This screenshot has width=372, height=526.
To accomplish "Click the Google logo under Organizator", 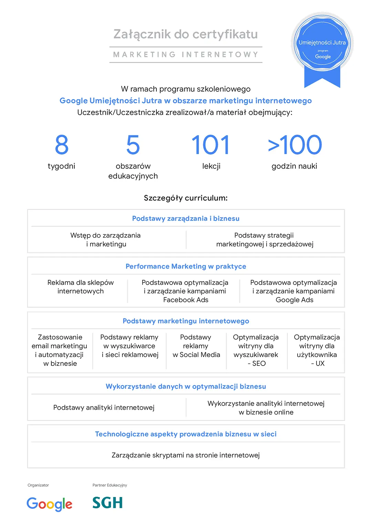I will [x=49, y=504].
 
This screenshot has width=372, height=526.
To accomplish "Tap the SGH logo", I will [x=107, y=503].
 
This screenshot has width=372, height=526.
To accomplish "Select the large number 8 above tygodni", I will [x=62, y=145].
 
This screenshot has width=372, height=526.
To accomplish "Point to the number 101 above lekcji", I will [x=211, y=145].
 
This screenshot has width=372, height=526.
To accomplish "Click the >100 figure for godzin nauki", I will [x=295, y=145].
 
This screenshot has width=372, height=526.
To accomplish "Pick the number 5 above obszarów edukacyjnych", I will [x=133, y=145].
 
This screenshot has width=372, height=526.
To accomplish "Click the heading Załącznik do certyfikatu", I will [x=186, y=34].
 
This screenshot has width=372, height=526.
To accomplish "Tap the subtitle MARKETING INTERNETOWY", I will [x=186, y=55].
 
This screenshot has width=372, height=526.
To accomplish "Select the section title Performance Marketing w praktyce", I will [x=186, y=266].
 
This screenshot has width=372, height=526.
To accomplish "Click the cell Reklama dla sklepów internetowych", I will [x=81, y=287].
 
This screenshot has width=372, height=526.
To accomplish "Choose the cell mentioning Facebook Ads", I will [x=185, y=291].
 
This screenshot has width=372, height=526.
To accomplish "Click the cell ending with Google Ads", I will [x=293, y=291].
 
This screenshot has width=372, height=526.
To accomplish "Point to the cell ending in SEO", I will [x=256, y=350].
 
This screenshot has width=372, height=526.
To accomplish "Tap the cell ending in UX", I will [x=317, y=350].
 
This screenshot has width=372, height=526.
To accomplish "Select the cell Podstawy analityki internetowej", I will [x=104, y=408].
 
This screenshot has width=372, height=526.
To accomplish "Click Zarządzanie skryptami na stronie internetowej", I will [x=186, y=455].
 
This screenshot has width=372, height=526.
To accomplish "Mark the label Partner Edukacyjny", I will [x=110, y=485].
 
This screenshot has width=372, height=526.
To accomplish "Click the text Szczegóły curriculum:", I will [x=186, y=198].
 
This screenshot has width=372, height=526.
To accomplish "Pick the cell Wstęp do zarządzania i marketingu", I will [x=106, y=240].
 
